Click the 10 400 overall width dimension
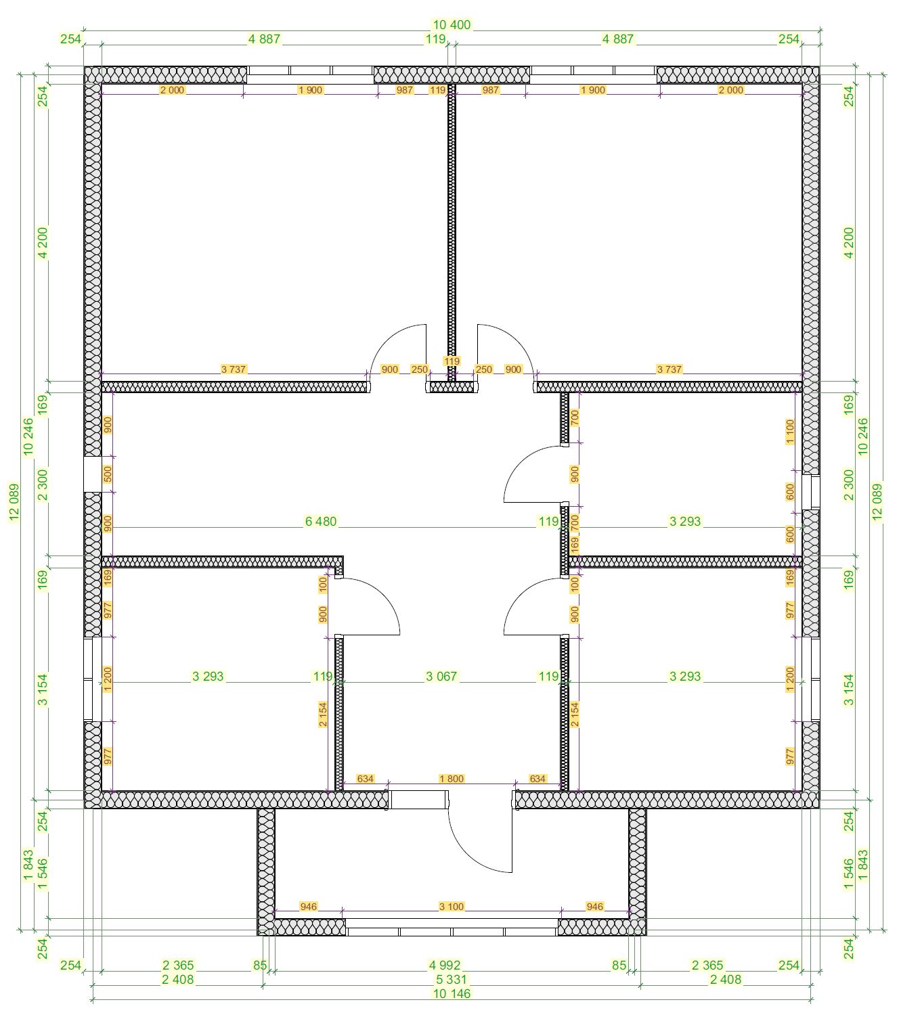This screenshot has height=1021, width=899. tap(452, 24)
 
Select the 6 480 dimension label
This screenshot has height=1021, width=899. tap(321, 521)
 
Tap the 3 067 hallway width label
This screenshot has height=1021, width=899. tap(441, 677)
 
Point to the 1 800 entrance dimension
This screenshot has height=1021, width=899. tap(452, 779)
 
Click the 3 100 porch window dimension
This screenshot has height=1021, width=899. tap(452, 907)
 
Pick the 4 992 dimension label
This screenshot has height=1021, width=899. tap(444, 965)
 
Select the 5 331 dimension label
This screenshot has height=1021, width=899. tap(452, 979)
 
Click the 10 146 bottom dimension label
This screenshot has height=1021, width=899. tap(452, 993)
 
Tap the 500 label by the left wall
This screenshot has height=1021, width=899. tap(108, 474)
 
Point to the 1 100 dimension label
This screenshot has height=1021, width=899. tap(790, 432)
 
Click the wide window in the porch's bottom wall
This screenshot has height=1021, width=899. tap(452, 932)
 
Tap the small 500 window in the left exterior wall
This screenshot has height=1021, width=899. tap(93, 474)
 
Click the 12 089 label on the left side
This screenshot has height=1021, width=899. tap(14, 502)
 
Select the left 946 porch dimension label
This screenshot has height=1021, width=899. tap(309, 907)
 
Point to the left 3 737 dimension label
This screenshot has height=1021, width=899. tap(234, 369)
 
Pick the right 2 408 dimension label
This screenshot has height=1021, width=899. tap(726, 979)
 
